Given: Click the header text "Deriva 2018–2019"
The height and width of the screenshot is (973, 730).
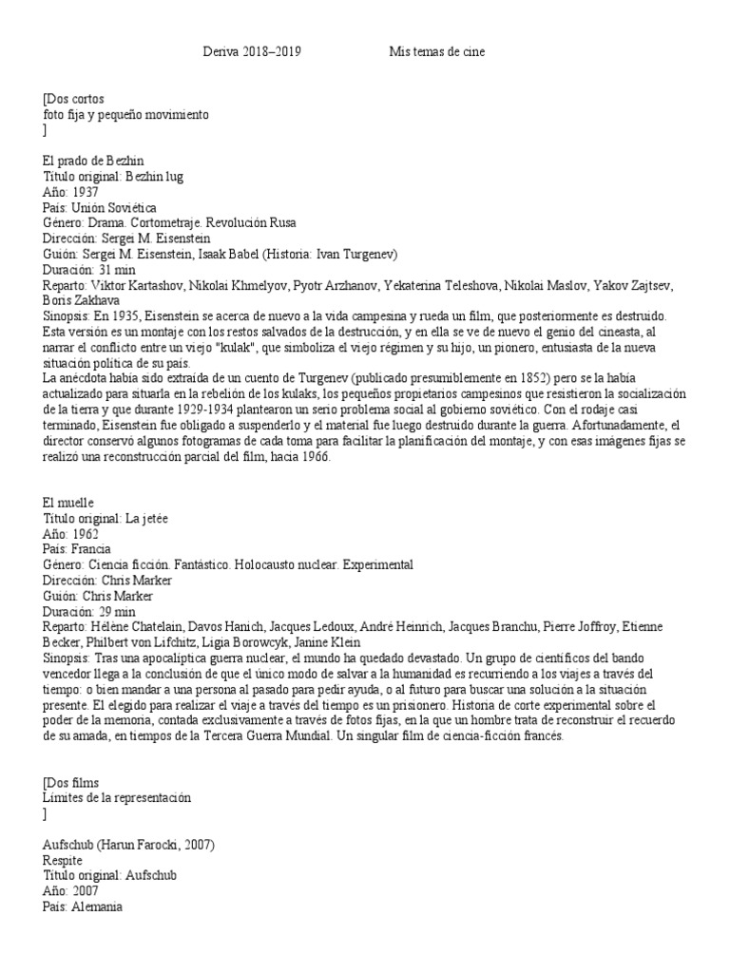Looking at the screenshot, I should pos(252,52).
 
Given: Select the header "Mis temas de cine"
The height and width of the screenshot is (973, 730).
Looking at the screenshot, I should pos(437,52).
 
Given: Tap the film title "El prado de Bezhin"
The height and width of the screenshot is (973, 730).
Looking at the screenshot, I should pos(94,162).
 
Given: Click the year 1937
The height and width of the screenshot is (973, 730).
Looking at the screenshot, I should pos(86,192).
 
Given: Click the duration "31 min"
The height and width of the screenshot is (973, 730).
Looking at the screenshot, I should pos(117,269).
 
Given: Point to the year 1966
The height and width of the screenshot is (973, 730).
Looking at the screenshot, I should pos(311,456).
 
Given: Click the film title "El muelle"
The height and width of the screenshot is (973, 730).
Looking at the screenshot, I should pos(69,503).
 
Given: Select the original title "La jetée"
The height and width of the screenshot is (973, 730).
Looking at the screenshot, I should pos(146,518).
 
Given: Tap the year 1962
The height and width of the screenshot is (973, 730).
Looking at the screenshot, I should pos(86,534).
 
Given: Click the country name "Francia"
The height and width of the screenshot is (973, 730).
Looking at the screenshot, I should pos(91,549).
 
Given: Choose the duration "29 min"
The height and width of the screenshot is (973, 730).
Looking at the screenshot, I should pos(117,611).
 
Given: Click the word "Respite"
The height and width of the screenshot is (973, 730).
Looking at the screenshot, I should pos(64,859).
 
